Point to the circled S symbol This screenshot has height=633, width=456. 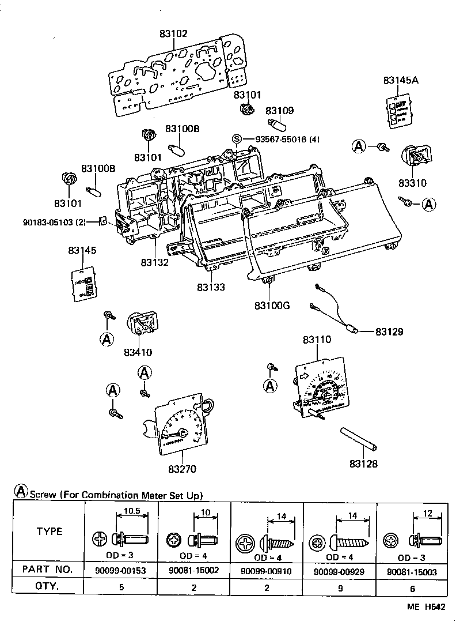(236, 139)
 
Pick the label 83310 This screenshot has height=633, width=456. (412, 183)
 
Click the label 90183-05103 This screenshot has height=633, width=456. (55, 221)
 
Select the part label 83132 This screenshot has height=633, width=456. (154, 262)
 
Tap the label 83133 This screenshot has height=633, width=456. (210, 287)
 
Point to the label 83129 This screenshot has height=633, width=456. (389, 332)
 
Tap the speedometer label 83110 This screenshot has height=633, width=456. (317, 340)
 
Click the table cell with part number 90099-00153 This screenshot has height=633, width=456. (122, 570)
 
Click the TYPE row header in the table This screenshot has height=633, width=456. (50, 532)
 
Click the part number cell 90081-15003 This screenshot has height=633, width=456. (412, 570)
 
